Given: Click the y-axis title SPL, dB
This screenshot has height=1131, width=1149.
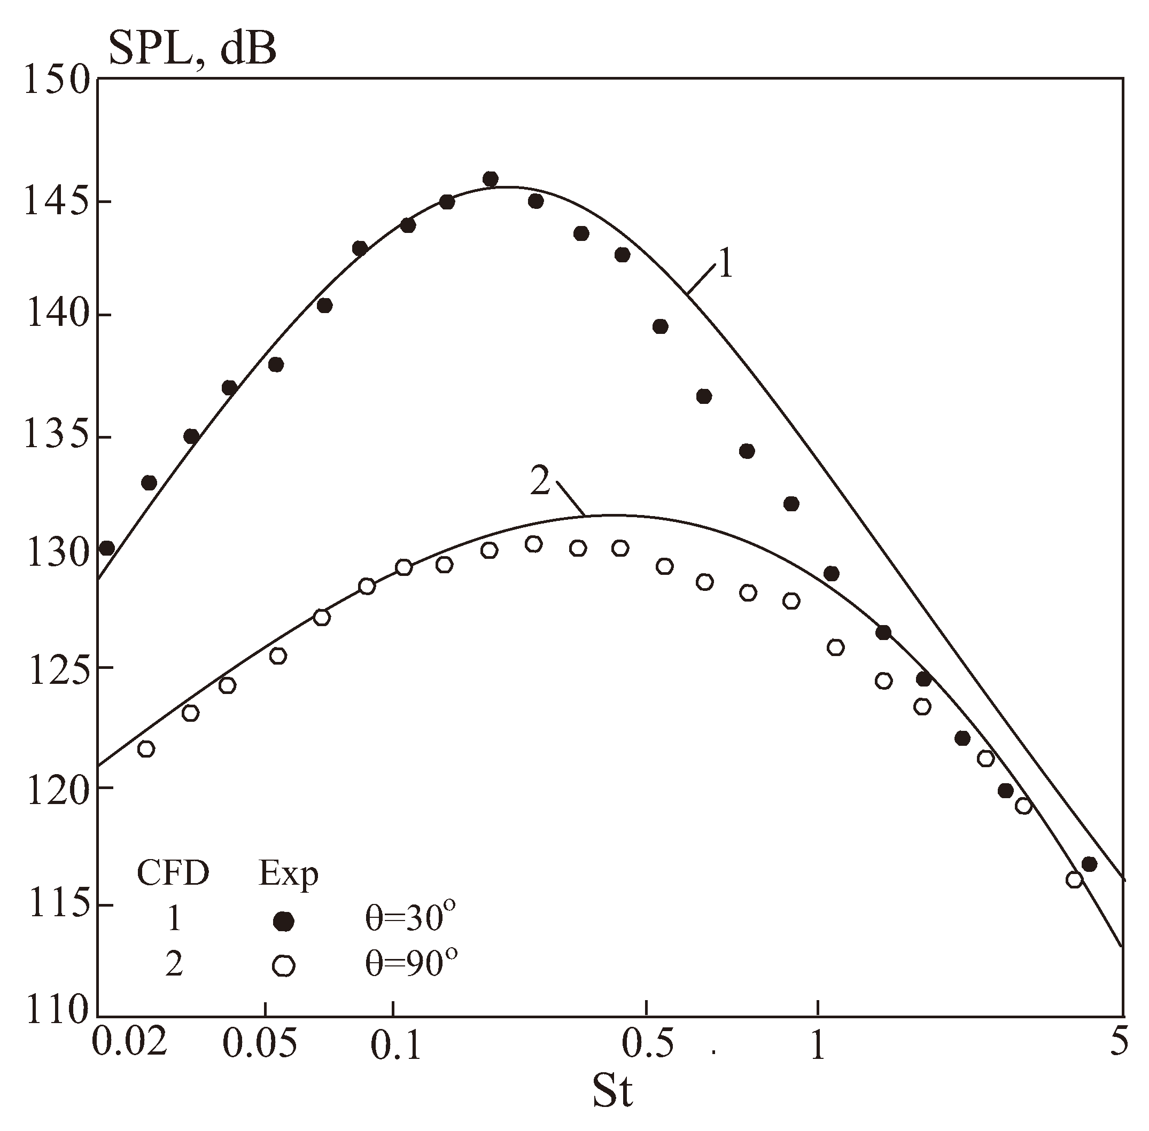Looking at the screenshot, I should [192, 50].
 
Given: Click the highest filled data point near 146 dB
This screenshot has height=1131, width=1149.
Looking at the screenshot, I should [490, 179].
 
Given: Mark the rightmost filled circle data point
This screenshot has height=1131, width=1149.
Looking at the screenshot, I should [1089, 864].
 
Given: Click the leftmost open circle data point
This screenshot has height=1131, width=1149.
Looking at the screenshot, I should [145, 749].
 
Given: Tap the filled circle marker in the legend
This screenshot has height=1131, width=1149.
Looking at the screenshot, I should [284, 922].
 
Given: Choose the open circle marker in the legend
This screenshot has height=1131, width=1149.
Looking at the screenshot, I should [284, 966].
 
